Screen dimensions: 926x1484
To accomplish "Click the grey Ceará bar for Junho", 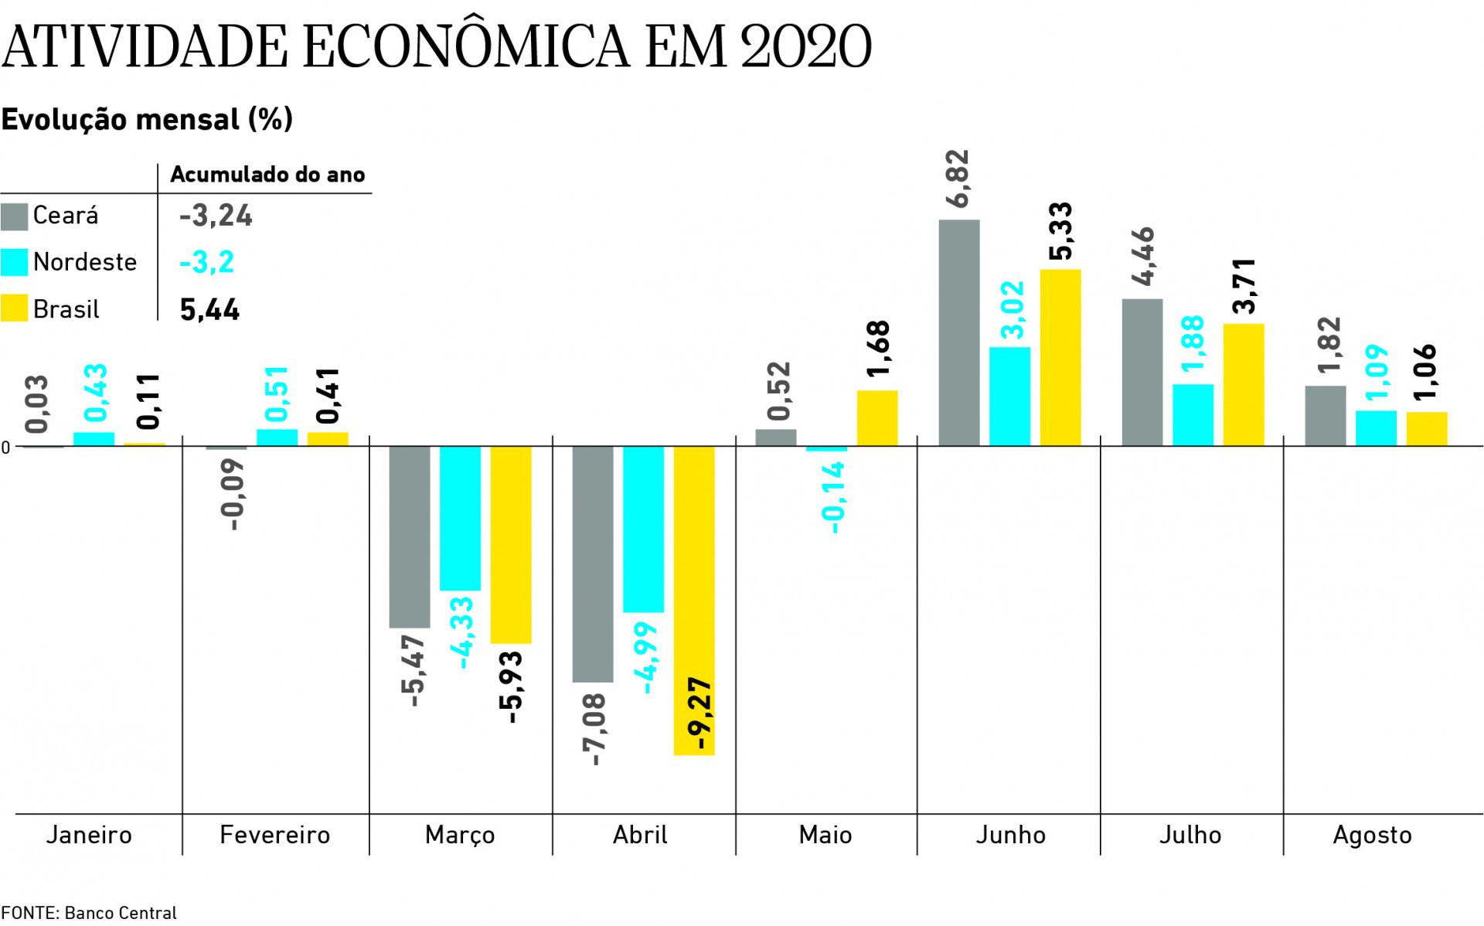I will (x=959, y=332).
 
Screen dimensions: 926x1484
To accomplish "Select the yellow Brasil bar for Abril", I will (x=694, y=600).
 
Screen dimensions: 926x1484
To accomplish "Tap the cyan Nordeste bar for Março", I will (x=460, y=518).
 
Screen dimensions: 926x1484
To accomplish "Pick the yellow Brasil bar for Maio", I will (x=877, y=418).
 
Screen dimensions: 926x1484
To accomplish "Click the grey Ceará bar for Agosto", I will (x=1325, y=416).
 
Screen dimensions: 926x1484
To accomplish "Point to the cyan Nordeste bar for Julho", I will (x=1193, y=415).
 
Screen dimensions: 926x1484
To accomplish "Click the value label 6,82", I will (x=958, y=179).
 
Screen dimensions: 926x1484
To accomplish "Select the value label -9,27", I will (x=702, y=714).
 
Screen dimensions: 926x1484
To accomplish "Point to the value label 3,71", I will (x=1244, y=286).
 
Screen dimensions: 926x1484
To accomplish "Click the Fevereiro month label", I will (x=274, y=835).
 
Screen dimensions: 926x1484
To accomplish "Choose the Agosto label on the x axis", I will (x=1372, y=835).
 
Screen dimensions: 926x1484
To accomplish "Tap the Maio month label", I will (x=825, y=835).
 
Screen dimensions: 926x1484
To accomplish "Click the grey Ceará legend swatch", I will (x=14, y=216).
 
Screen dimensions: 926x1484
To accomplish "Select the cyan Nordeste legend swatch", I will (x=14, y=262).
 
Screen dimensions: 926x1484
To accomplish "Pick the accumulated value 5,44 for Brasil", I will (x=209, y=310).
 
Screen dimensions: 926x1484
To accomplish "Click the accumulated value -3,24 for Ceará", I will (x=216, y=216).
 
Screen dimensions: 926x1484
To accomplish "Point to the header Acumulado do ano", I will (x=267, y=175).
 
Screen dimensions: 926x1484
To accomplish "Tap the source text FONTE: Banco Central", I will (x=89, y=913).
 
